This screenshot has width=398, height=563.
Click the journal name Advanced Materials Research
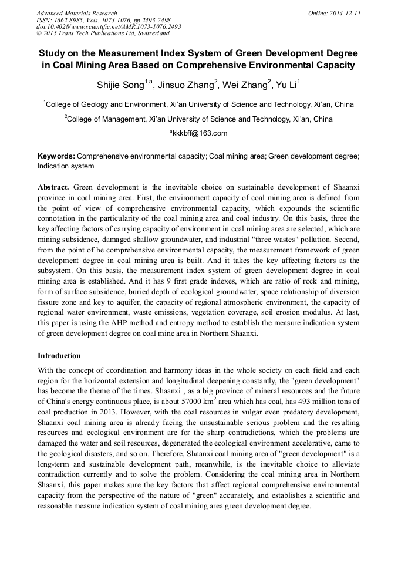pos(76,13)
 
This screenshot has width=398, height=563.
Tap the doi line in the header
pos(109,26)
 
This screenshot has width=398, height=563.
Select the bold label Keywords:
pos(56,157)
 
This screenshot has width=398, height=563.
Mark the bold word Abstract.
pos(53,187)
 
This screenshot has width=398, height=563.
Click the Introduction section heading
pos(59,356)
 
